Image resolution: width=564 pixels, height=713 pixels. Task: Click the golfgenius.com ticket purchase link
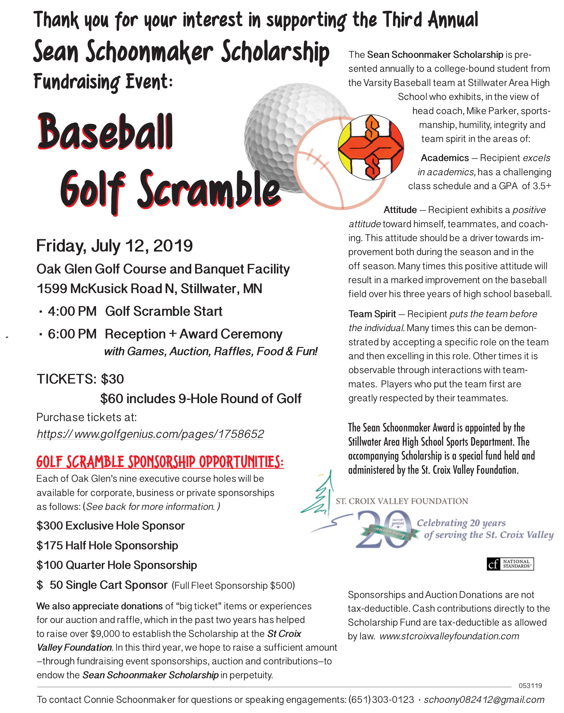coord(150,434)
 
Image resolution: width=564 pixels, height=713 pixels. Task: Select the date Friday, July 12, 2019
coord(114,246)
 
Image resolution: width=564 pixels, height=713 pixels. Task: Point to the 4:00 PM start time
coord(72,312)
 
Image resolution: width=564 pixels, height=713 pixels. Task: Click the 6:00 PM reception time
coord(72,334)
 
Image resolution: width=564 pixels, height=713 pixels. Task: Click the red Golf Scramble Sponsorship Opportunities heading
coord(160,462)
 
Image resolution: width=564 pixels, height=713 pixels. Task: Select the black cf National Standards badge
coord(510,564)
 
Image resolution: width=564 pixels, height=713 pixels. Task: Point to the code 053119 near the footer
coord(530,686)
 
